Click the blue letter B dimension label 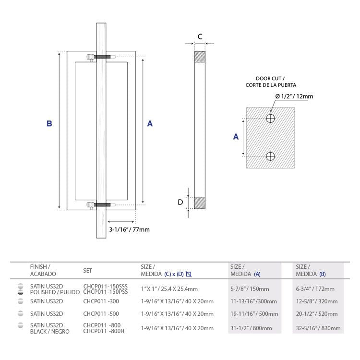49,123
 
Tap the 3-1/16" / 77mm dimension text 129,229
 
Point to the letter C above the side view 200,36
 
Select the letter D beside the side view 180,202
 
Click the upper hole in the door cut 270,118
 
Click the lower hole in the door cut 270,156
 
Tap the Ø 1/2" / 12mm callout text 294,96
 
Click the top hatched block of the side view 200,57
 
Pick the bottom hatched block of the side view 200,203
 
